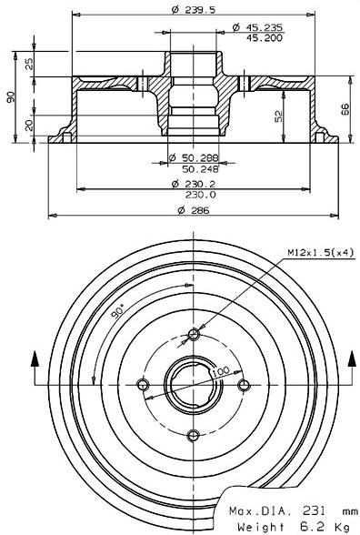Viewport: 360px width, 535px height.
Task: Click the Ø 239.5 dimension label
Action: click(194, 10)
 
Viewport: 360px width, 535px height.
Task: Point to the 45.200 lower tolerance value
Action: click(265, 38)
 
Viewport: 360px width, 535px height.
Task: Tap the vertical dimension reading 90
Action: click(11, 96)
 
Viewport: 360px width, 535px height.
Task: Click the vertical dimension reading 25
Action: click(29, 64)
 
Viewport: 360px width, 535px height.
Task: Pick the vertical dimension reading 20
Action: click(29, 126)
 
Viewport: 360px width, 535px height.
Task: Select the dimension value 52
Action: click(279, 116)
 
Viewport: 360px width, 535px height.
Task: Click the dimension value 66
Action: click(346, 109)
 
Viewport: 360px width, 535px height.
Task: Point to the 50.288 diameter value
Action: click(200, 157)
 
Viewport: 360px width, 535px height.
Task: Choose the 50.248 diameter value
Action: click(200, 168)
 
